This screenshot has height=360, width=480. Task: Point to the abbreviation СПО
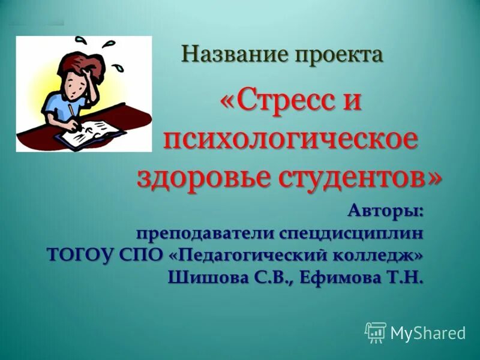[143, 255]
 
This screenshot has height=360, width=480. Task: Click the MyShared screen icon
[375, 332]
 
